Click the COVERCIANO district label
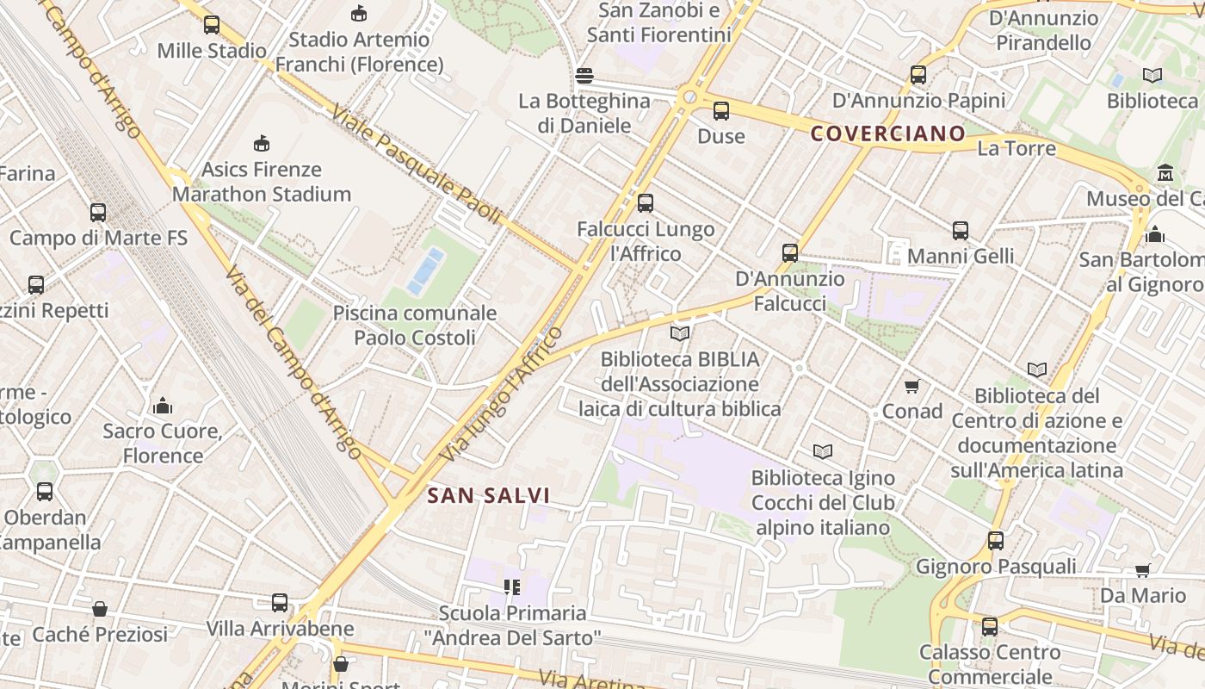click(x=888, y=133)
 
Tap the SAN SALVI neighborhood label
click(x=488, y=495)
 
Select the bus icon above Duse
click(x=721, y=111)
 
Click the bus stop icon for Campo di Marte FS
click(x=98, y=212)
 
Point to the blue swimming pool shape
click(x=426, y=270)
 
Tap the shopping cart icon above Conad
click(x=912, y=387)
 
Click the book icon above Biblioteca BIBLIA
click(x=680, y=333)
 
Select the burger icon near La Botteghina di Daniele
click(x=584, y=76)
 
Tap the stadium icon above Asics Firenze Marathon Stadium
click(x=262, y=143)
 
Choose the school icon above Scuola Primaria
click(x=512, y=587)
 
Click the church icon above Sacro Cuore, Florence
click(x=163, y=405)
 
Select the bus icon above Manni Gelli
click(x=961, y=231)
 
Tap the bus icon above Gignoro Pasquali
click(x=996, y=541)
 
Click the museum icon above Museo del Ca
click(x=1165, y=173)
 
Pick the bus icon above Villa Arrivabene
click(x=280, y=603)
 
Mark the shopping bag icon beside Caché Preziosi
click(x=100, y=609)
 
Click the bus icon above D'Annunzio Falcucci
click(x=790, y=253)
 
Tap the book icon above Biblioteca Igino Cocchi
click(x=823, y=451)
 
